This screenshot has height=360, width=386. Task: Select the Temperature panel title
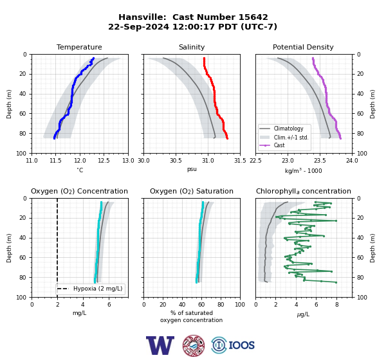79,47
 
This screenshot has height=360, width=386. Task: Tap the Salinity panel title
192,47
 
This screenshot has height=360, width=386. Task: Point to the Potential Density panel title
303,47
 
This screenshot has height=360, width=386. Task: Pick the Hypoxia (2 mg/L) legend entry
90,289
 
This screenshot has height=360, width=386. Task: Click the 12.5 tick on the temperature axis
104,161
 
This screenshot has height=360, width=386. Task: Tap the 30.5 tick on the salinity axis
176,161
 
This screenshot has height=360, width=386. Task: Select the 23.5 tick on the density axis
320,161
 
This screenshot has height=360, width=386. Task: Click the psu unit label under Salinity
192,169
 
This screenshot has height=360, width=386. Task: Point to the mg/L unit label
80,313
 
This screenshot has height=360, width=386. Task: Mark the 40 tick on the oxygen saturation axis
182,305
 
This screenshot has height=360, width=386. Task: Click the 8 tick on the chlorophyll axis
336,305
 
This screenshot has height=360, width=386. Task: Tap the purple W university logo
160,345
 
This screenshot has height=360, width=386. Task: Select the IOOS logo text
241,345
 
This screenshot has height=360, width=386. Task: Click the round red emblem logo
194,345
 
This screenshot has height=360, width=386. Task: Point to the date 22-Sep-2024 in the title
138,26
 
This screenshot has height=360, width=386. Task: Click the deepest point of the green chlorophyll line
336,282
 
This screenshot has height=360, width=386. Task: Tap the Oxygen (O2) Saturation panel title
192,191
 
